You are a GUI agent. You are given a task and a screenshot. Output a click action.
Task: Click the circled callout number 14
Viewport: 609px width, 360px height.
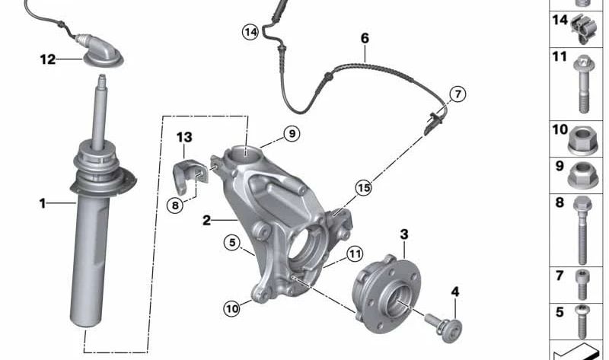(250, 32)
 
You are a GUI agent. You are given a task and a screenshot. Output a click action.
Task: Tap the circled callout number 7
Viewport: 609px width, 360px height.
(458, 94)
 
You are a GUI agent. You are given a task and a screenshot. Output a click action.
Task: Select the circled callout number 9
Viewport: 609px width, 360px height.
(292, 134)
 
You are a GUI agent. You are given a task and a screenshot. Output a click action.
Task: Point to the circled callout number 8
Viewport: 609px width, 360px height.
(175, 205)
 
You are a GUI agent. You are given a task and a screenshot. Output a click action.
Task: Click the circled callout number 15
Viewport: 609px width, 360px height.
(364, 188)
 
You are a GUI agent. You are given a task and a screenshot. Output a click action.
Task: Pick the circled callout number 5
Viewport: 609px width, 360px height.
(232, 243)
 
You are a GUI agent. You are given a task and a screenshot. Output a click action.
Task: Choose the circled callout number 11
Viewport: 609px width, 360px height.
(354, 254)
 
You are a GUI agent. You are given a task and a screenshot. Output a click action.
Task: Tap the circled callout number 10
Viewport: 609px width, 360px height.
(232, 309)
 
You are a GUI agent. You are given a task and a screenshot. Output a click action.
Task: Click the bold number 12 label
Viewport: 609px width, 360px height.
(48, 59)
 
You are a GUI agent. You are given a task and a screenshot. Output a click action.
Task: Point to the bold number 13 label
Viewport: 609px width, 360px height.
(184, 137)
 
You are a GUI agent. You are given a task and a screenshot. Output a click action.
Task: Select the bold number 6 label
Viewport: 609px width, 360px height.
(365, 38)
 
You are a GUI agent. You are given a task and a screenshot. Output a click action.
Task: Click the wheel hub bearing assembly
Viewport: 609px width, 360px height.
(387, 294)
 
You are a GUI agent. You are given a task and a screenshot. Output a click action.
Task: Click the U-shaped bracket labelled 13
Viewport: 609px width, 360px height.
(190, 175)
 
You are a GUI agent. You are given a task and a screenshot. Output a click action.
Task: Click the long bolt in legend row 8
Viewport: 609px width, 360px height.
(582, 231)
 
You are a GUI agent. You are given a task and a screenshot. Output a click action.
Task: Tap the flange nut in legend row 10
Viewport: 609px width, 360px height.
(582, 140)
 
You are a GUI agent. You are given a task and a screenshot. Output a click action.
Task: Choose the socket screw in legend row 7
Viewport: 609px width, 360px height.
(582, 285)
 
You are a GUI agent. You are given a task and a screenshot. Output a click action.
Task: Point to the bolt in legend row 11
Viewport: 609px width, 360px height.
(582, 84)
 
